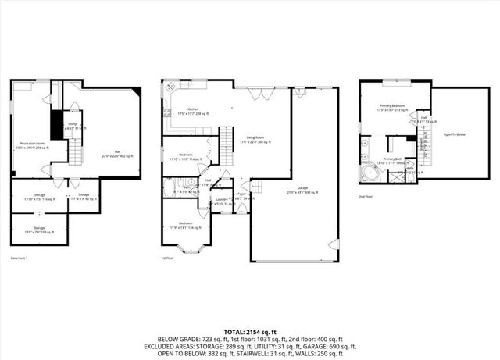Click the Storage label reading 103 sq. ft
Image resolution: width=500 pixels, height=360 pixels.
click(38, 230)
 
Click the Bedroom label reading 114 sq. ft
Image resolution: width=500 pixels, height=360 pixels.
click(186, 156)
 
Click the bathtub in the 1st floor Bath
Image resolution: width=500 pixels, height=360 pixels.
click(170, 187)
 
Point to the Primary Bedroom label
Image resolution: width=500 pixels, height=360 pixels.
click(393, 108)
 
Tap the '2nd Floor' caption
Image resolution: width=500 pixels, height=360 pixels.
click(366, 197)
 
